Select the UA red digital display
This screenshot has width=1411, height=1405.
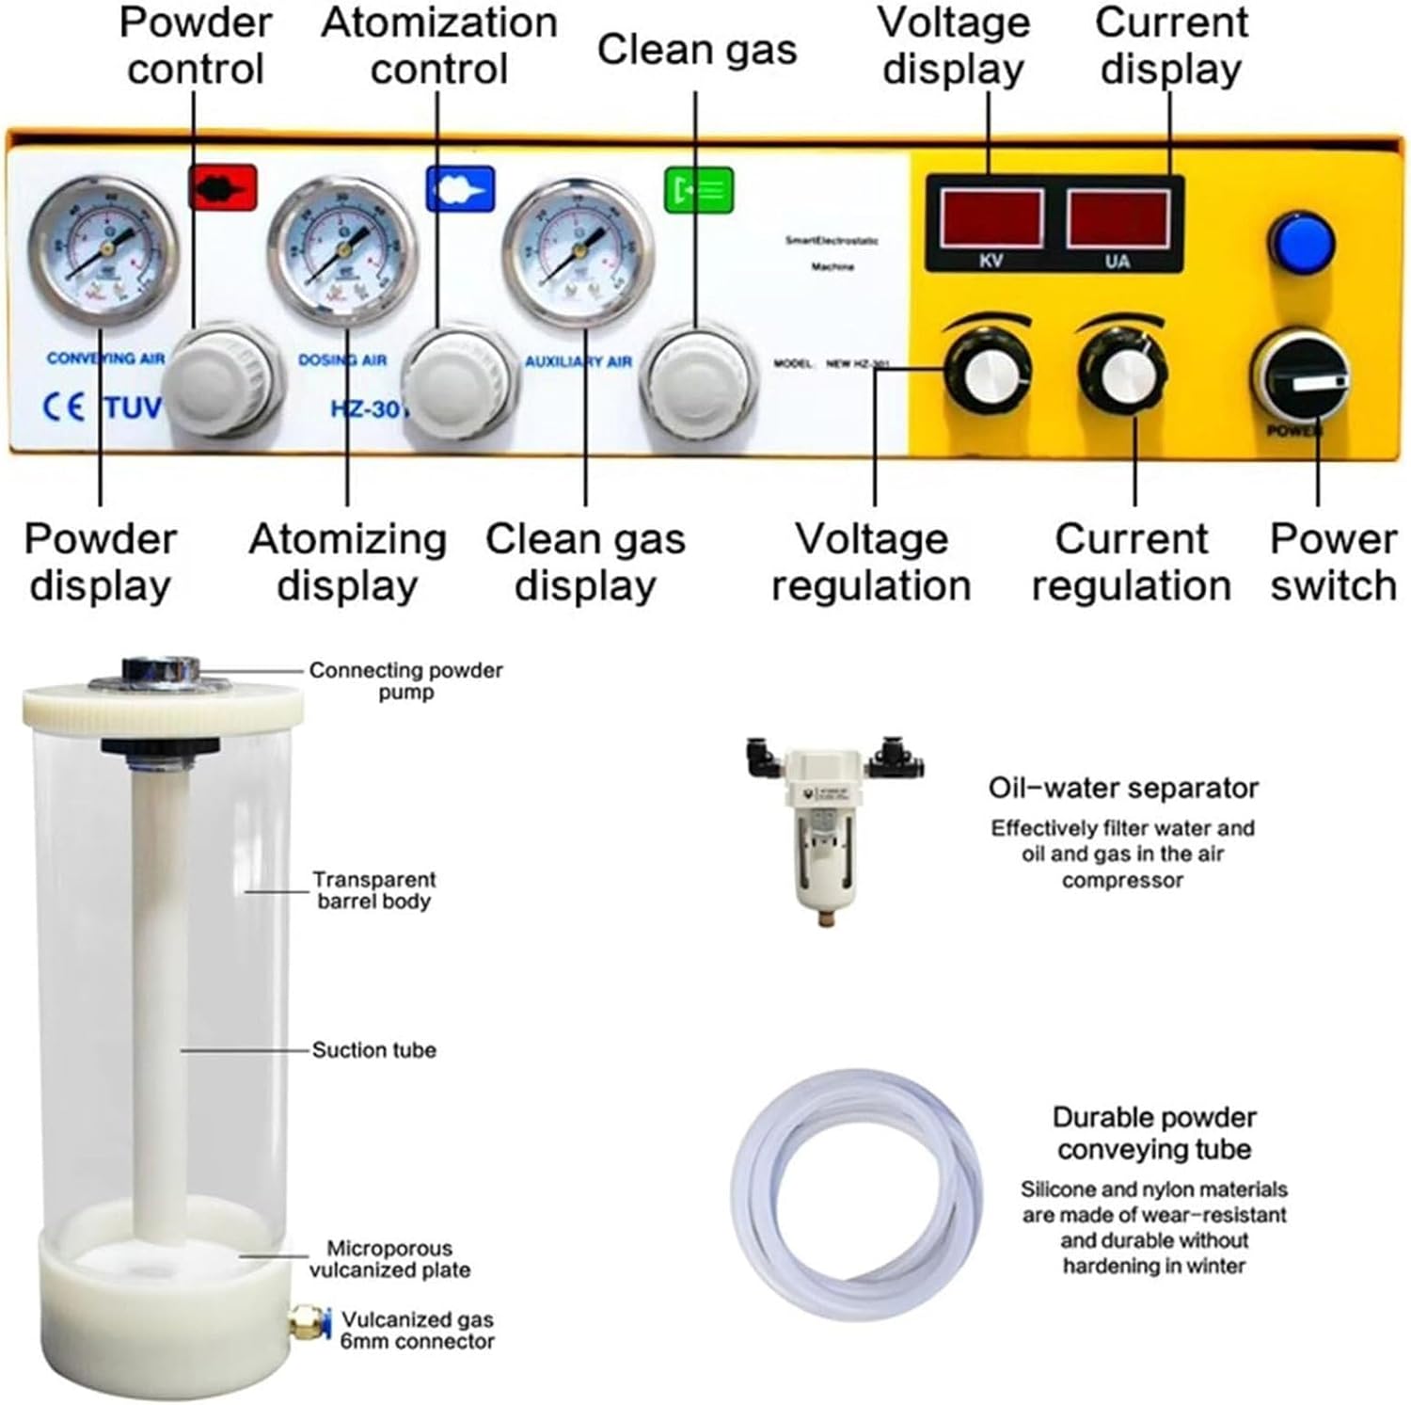point(1118,218)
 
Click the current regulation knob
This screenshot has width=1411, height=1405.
point(1123,374)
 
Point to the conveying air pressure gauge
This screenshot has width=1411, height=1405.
point(103,247)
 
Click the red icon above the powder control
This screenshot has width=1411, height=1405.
point(223,187)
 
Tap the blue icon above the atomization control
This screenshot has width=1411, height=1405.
point(460,188)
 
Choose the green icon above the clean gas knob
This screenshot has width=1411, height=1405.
point(699,189)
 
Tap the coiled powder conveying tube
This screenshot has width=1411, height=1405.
point(857,1195)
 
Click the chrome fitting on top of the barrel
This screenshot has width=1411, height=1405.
point(161,671)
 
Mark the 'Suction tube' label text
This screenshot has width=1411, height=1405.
point(373,1050)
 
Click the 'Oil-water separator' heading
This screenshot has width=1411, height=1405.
point(1123,788)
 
